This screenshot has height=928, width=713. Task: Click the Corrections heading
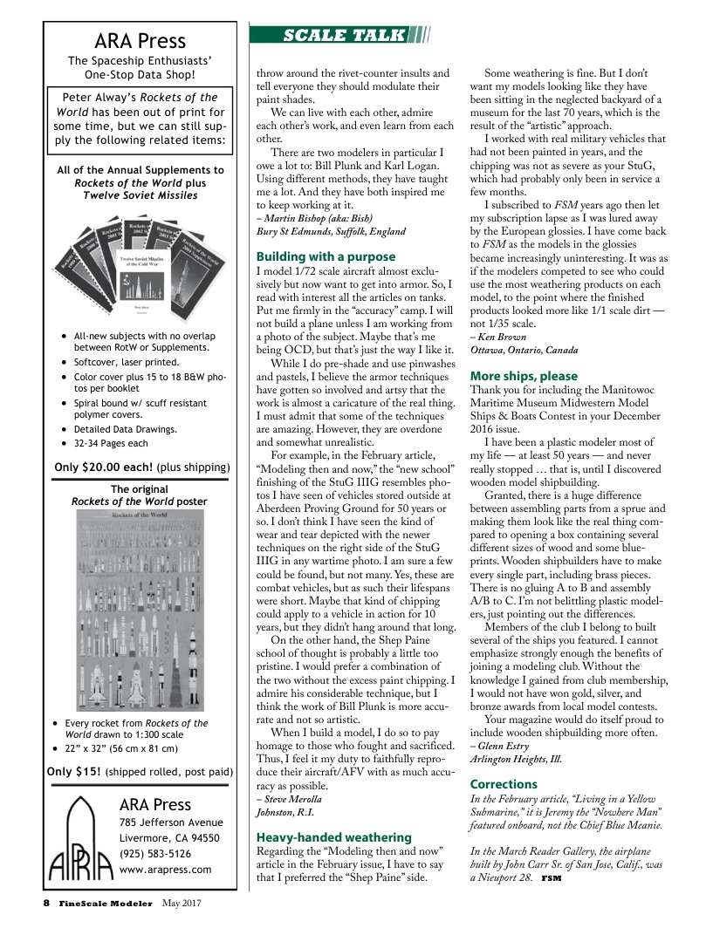[504, 784]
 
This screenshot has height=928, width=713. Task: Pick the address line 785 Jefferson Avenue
[171, 822]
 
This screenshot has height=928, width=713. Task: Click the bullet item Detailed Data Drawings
[126, 429]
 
